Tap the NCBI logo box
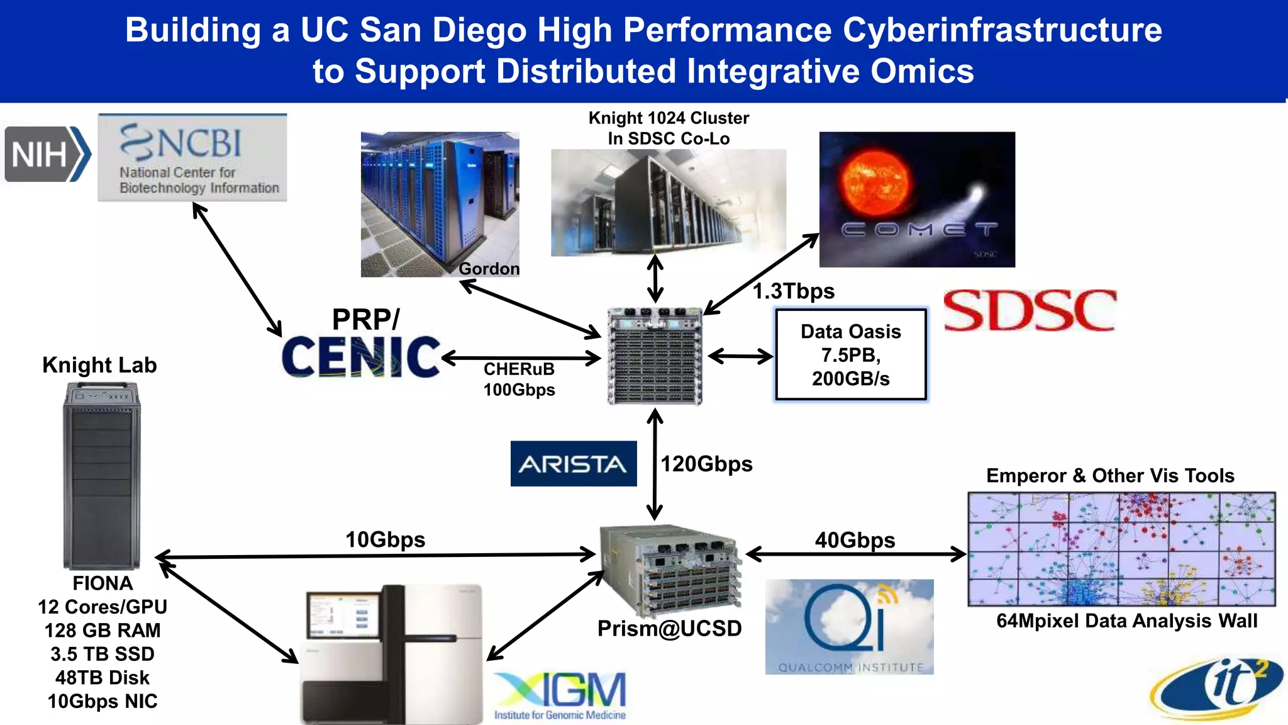(192, 157)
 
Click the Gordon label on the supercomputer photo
(489, 269)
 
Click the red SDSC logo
(1030, 310)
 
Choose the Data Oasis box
(850, 354)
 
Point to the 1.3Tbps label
(794, 291)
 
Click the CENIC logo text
(361, 357)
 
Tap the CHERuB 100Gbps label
(519, 379)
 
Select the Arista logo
(573, 464)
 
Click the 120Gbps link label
(706, 464)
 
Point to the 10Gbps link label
(385, 539)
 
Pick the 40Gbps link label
(855, 540)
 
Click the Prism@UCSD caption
(669, 628)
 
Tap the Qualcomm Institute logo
(849, 627)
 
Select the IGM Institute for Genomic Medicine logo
(560, 696)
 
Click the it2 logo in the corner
(1218, 689)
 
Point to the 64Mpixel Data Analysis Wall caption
(1126, 621)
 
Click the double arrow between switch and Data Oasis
(740, 357)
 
